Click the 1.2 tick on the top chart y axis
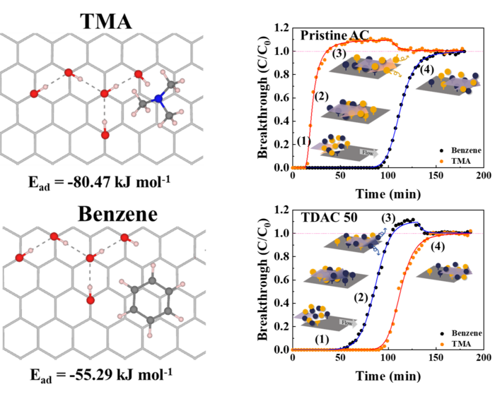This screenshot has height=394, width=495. (282, 28)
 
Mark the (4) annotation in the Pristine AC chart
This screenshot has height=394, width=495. (426, 71)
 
